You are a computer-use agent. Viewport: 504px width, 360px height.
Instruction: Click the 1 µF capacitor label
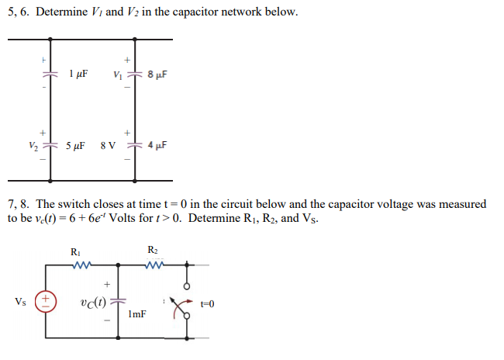pyautogui.click(x=78, y=75)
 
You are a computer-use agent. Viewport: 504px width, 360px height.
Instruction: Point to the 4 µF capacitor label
pyautogui.click(x=156, y=145)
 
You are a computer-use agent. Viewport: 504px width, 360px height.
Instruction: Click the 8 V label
pyautogui.click(x=109, y=145)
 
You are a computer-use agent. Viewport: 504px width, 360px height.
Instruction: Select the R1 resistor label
pyautogui.click(x=74, y=251)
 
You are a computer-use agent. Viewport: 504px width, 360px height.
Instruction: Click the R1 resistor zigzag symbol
pyautogui.click(x=79, y=265)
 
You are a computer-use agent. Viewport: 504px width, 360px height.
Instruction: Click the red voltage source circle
pyautogui.click(x=46, y=299)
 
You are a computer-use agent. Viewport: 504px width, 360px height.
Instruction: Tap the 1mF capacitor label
pyautogui.click(x=138, y=315)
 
